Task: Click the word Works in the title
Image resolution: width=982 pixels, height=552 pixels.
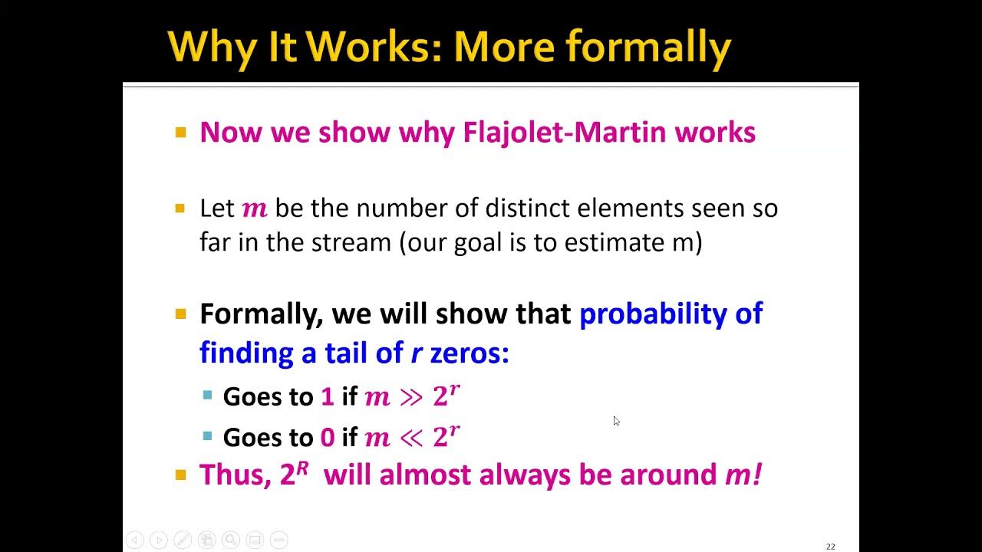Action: click(374, 48)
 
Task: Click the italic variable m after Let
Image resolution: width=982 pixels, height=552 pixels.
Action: click(255, 209)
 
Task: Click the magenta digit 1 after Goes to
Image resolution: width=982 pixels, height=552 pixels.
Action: click(327, 396)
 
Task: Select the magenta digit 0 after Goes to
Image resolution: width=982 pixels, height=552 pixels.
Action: click(328, 437)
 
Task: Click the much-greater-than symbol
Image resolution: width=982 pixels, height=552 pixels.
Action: click(411, 397)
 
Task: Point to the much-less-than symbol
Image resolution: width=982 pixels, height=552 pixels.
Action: click(411, 438)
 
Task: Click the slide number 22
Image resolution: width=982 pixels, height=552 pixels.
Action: click(830, 547)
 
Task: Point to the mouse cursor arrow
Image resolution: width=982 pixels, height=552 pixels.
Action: click(616, 421)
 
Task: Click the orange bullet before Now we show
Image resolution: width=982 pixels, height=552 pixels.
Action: click(181, 133)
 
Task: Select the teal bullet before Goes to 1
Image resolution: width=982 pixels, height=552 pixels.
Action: click(207, 396)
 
